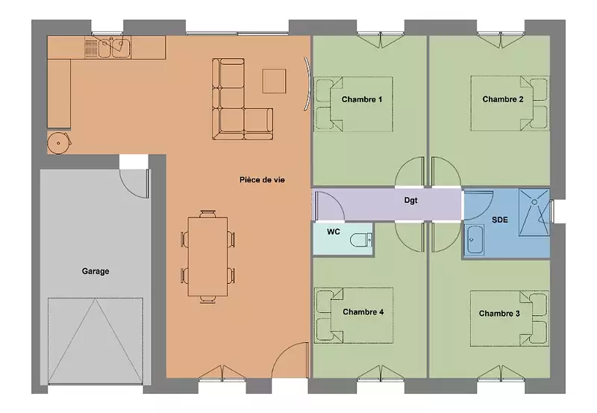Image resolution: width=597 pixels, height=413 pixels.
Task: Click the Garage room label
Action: pos(96,271)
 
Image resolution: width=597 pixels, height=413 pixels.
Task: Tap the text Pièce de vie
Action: pos(262,180)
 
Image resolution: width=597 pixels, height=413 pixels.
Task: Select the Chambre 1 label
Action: pos(362,99)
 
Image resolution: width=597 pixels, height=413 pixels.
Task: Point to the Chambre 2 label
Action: pos(502,99)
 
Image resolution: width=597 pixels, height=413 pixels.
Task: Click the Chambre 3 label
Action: pos(499,313)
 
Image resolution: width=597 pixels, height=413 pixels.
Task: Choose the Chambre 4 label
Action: pos(363,312)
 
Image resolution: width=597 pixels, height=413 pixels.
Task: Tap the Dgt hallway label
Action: pos(411,200)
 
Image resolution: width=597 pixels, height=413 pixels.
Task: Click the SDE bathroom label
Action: pos(500,220)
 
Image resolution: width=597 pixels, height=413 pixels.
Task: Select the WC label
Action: pos(333,232)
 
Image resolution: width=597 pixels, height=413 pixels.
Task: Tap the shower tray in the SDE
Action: pos(534,212)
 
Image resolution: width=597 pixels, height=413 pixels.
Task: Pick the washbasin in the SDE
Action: pos(475,240)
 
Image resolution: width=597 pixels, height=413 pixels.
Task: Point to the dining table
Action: pos(208,256)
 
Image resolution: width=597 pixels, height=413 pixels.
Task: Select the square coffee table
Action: pos(274,81)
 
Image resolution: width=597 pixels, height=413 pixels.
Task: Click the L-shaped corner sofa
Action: pos(228,114)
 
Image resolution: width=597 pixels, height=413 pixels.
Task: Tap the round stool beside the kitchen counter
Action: pos(59,143)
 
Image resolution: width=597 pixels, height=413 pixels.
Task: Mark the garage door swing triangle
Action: pos(96,341)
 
